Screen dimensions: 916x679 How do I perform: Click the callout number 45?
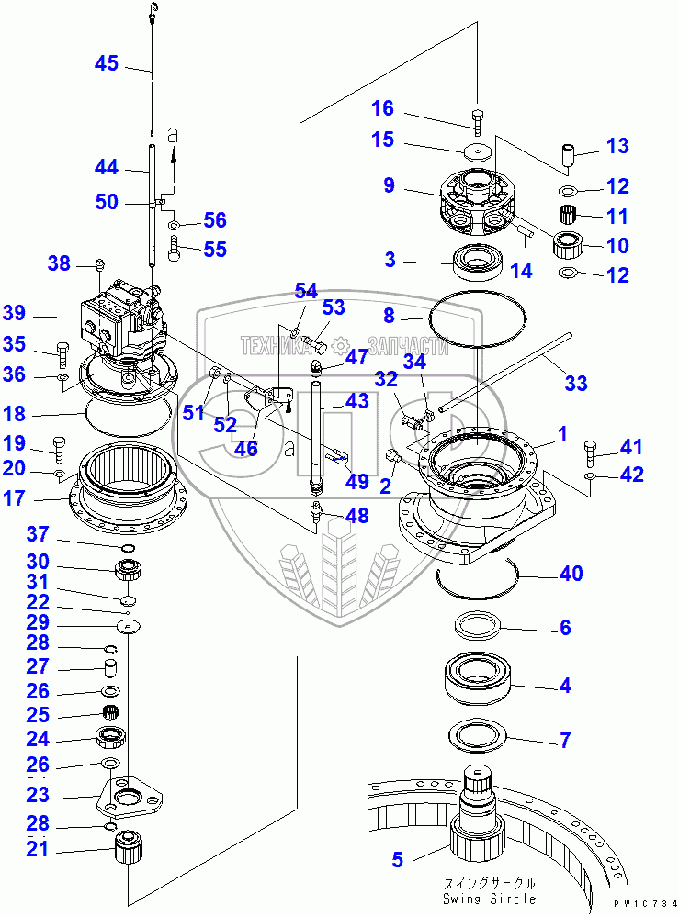coord(107,63)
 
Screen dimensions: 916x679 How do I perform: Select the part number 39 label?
coord(15,312)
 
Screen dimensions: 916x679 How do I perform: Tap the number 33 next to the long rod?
coord(575,384)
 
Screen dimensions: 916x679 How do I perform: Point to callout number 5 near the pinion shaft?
coord(397,860)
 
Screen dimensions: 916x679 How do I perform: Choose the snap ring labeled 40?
coord(478,574)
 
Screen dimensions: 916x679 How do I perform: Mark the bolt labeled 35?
coord(62,352)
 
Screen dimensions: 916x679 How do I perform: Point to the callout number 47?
coord(356,357)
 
